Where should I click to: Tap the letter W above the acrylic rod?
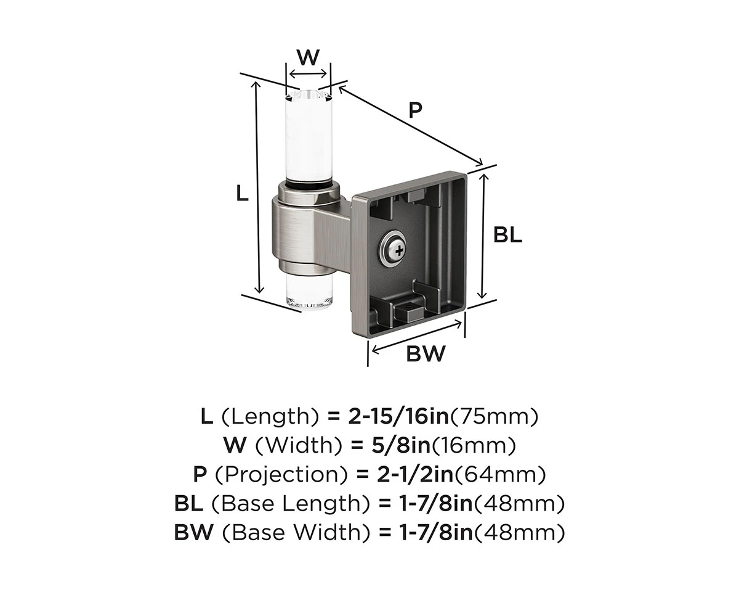(309, 57)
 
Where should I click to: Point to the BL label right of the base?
(507, 236)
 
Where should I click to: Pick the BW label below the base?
(426, 353)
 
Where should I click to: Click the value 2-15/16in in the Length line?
(398, 417)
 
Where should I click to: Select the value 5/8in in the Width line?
(401, 445)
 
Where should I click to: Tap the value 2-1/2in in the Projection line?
(416, 474)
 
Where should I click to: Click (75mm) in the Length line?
(494, 417)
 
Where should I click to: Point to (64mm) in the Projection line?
(500, 474)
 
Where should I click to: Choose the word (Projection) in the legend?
(281, 475)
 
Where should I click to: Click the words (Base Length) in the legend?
(291, 504)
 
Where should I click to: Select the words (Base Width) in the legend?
(297, 533)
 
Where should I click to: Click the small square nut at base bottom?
(409, 311)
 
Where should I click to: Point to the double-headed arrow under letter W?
(308, 73)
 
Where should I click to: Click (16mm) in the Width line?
(474, 445)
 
